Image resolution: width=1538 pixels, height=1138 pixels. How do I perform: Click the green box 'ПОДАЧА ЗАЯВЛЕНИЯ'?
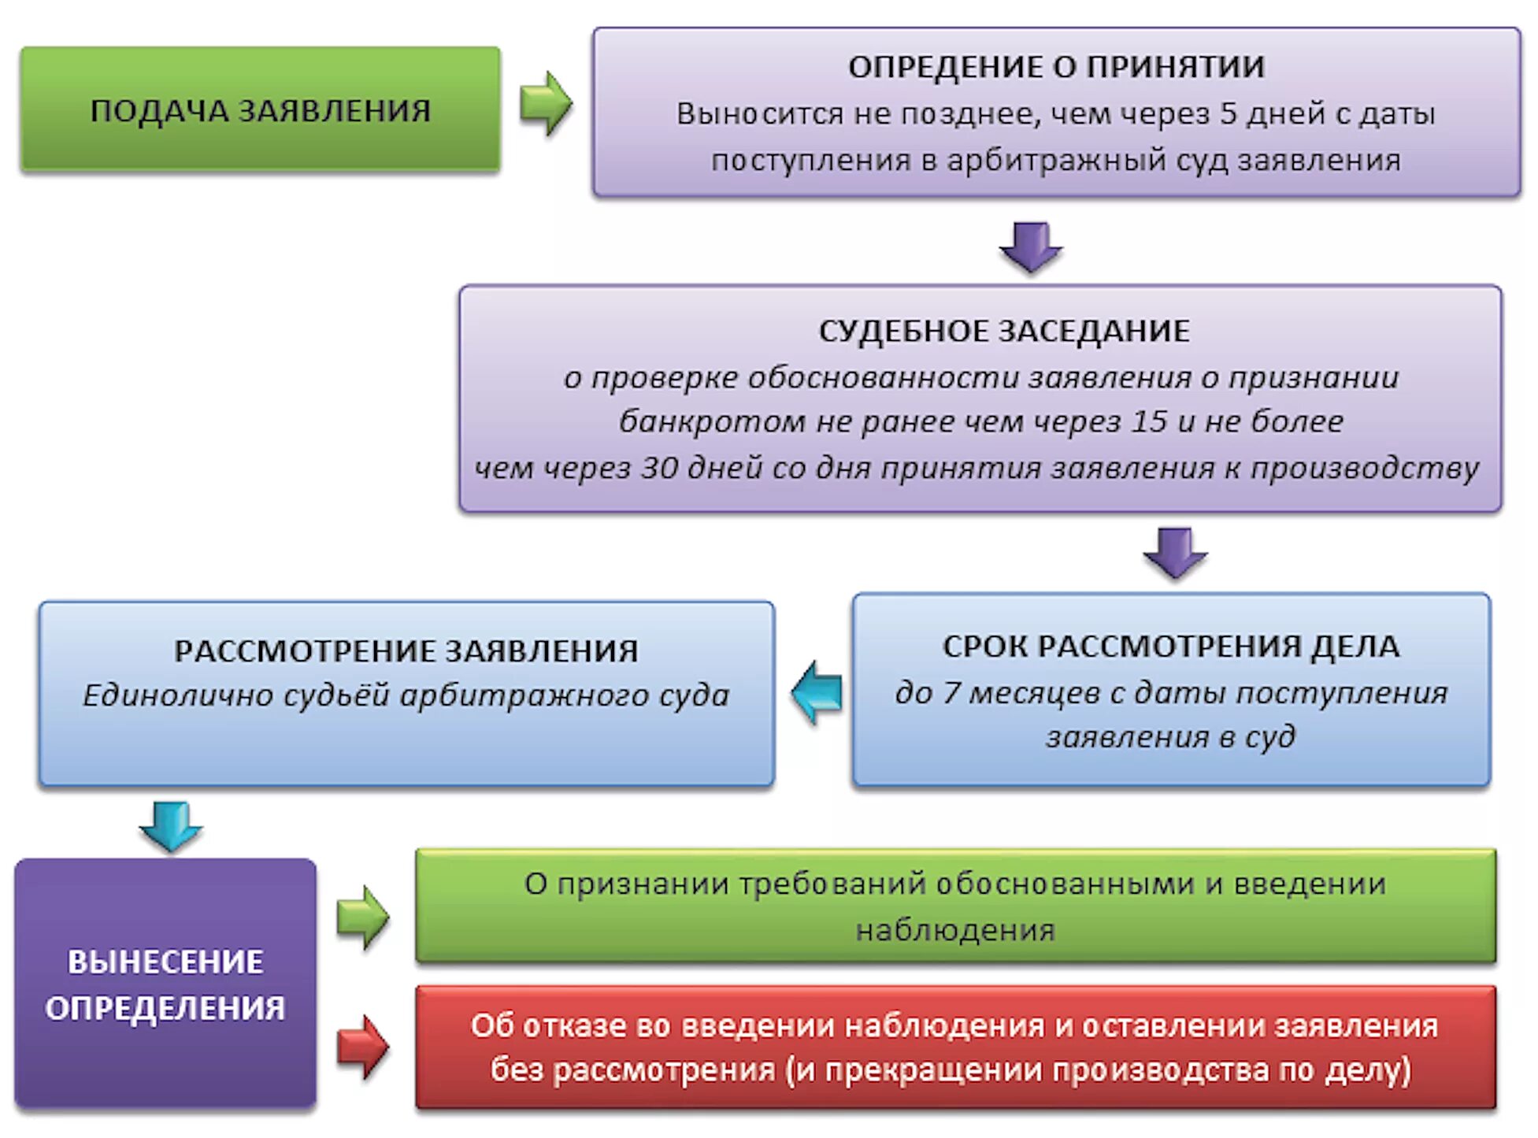point(260,109)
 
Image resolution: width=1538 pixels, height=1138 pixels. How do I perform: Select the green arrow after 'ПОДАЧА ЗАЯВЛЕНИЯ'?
point(545,103)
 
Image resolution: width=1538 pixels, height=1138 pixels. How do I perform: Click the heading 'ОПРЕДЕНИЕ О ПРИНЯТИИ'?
point(1056,67)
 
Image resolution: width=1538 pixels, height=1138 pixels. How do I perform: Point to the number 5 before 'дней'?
point(1229,114)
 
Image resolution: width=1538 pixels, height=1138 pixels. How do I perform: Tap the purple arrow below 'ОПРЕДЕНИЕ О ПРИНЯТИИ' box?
point(1031,246)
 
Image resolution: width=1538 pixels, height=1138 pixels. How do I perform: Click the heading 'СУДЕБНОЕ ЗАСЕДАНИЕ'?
point(1004,331)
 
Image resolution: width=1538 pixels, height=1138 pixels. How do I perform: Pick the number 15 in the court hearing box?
point(1149,421)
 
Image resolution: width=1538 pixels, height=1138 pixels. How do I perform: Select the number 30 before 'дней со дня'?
point(659,468)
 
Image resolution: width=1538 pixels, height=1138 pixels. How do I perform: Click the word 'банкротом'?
point(713,421)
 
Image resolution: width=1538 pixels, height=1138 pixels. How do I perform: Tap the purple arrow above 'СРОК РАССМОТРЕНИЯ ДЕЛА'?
point(1175,552)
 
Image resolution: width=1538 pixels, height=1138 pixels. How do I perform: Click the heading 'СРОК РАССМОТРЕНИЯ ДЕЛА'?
point(1171,647)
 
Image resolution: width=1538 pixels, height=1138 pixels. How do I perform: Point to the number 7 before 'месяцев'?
point(951,693)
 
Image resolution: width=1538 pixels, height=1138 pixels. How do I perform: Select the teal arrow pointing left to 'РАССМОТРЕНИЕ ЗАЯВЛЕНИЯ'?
point(817,692)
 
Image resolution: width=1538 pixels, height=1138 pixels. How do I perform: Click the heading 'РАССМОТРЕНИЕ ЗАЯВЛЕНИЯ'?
point(406,651)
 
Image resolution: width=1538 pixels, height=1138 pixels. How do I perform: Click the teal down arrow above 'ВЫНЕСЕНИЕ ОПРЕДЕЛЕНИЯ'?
point(171,825)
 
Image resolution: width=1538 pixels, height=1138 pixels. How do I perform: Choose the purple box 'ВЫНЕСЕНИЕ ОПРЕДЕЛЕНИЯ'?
point(165,984)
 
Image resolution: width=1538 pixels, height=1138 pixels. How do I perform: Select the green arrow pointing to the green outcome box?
point(362,917)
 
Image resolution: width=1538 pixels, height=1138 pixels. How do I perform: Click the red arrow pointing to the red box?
point(362,1047)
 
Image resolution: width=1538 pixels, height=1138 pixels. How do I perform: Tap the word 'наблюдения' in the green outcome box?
point(955,931)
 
